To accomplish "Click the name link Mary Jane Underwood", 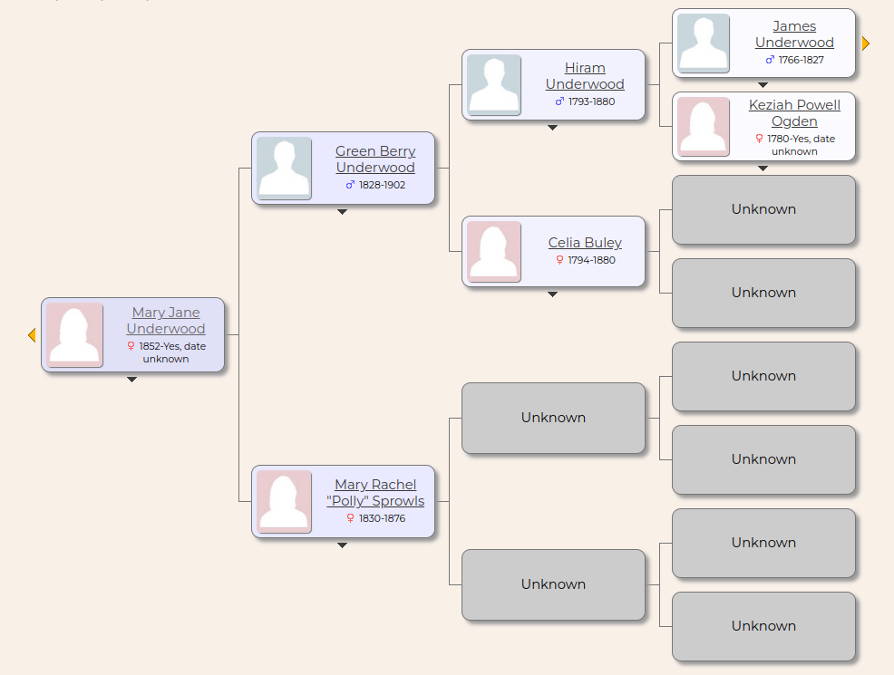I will pos(166,321).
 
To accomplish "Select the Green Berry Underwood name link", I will pos(375,159).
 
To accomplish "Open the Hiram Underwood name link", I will pos(585,76).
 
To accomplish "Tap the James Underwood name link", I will pos(794,34).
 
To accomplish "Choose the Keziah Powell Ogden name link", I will pos(794,113).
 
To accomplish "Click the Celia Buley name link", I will pos(585,243).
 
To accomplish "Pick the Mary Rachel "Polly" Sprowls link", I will pos(375,493).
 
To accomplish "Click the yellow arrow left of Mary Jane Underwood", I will pos(32,335).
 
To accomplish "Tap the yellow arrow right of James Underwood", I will pos(865,43).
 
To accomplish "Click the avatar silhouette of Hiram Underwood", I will pos(494,85).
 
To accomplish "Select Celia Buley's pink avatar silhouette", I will pos(494,252).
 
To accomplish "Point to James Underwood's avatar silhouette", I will pos(704,43).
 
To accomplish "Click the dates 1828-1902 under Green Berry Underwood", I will pos(382,185).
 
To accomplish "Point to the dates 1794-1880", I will pos(591,260).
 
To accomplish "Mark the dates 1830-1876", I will pos(382,518).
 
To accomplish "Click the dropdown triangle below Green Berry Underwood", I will pos(342,212).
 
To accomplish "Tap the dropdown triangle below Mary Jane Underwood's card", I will pos(131,380).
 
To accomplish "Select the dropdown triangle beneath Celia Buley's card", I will pos(552,294).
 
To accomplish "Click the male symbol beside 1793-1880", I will pos(559,101).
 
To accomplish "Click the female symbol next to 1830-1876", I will pos(351,518).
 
